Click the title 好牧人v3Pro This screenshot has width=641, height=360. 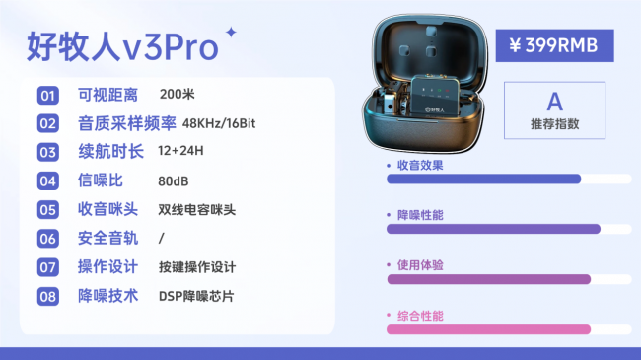(122, 45)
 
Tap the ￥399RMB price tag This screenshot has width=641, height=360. (548, 44)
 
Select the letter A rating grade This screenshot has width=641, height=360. (554, 101)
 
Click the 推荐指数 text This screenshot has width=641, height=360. (554, 124)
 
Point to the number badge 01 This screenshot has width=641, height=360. (47, 96)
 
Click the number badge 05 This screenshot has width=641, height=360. (47, 209)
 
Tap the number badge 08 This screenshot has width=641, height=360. (47, 296)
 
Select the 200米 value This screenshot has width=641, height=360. (177, 95)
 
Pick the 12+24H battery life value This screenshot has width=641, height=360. (180, 152)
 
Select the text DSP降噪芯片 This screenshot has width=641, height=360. (196, 296)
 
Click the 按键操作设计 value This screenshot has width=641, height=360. (197, 267)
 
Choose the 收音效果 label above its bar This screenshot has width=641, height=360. (420, 165)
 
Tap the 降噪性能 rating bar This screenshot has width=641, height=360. (493, 229)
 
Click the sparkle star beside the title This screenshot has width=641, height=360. (232, 32)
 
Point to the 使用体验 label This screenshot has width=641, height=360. (420, 265)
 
